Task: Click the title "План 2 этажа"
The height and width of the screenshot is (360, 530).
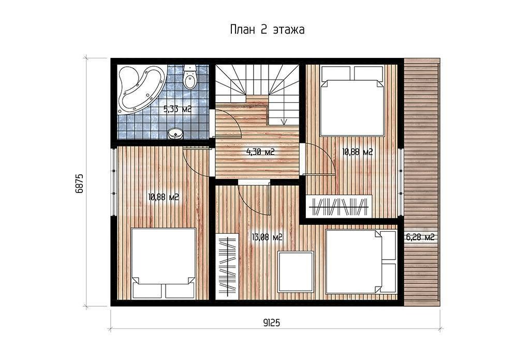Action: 267,29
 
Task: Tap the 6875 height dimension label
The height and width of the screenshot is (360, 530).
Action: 79,184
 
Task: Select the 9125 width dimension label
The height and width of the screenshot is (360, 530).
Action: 271,323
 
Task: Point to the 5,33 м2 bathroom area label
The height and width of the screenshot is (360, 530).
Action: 178,109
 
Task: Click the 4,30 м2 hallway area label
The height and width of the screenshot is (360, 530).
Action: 260,152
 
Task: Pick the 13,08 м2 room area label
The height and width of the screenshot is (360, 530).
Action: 267,237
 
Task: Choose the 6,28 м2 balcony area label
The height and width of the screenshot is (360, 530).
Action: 420,237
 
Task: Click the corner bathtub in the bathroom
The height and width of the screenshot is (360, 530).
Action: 139,89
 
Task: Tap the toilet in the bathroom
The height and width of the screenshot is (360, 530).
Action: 189,78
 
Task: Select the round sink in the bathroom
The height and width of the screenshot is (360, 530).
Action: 176,134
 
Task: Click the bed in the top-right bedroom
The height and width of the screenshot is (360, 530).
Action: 352,101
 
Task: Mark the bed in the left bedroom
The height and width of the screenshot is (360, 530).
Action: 163,263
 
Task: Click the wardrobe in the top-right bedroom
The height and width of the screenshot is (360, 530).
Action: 339,206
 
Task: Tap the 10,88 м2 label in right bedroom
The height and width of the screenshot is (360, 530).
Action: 357,152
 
